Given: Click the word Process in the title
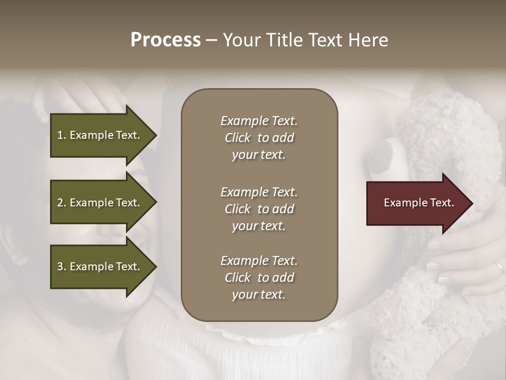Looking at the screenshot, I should point(166,40).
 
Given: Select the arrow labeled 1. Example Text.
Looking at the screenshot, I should point(100,135).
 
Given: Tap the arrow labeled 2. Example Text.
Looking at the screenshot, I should point(100,203).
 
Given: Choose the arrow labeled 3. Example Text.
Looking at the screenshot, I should point(100,267).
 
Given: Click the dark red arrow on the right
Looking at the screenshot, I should point(416,203).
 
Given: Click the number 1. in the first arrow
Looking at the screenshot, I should point(62,135).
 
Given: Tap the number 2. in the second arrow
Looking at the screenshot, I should point(62,203).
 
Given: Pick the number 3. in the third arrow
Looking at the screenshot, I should point(62,267).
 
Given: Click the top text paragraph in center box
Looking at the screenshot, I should point(259,138).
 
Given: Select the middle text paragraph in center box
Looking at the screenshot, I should point(259,208).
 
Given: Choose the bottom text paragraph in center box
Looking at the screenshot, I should point(259,278).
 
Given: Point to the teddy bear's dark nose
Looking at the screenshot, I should point(381,155).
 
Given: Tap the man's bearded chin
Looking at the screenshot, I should point(105,311).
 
